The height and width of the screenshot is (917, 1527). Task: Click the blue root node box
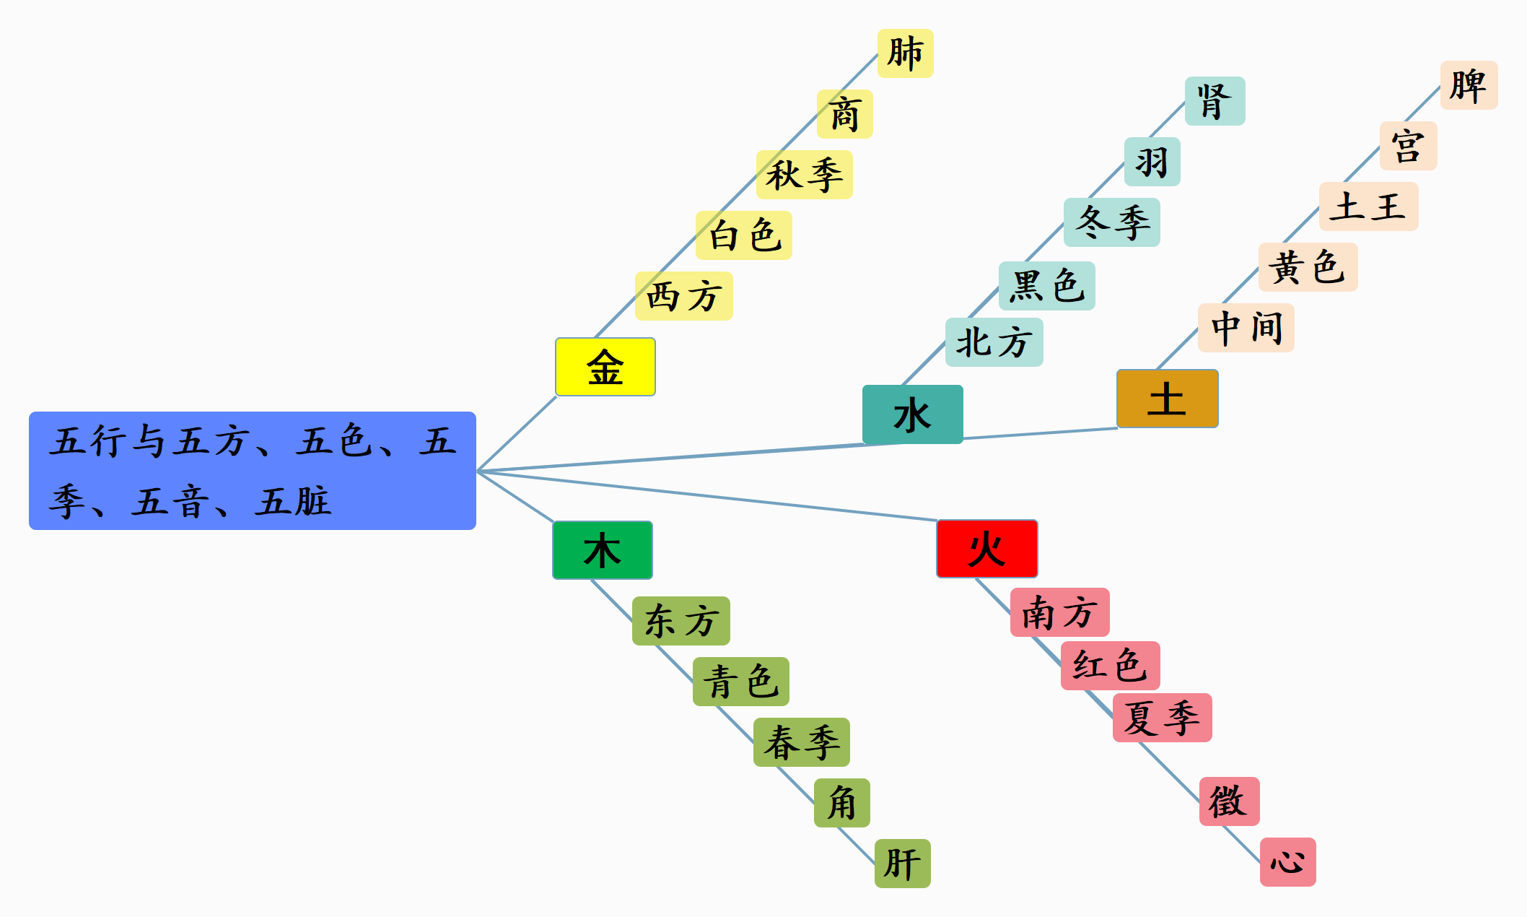pos(253,470)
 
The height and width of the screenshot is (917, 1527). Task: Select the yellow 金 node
pos(605,367)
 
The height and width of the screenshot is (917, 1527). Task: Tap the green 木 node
pos(602,550)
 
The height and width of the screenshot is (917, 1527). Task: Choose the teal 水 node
pos(912,414)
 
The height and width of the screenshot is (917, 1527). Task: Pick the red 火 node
pos(986,549)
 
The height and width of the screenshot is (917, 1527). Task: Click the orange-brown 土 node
pos(1167,399)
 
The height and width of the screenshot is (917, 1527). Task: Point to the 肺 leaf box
pos(905,53)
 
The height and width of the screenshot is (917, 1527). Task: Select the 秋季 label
pos(804,175)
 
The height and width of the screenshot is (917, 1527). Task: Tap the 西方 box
pos(683,296)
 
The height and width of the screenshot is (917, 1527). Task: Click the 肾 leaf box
pos(1215,101)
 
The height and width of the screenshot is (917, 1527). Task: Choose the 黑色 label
pos(1046,286)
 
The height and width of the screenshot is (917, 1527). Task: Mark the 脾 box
pos(1469,85)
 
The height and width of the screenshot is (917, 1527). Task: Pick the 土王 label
pos(1368,207)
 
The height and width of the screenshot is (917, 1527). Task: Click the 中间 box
pos(1246,328)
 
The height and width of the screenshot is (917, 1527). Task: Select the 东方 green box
pos(681,621)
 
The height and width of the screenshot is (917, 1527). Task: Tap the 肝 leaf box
pos(902,864)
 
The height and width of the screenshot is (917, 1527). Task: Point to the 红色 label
pos(1110,666)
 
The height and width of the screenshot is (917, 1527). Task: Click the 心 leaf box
pos(1287,862)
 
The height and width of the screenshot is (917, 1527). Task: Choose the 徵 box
pos(1229,801)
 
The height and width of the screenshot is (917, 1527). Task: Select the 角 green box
pos(841,803)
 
